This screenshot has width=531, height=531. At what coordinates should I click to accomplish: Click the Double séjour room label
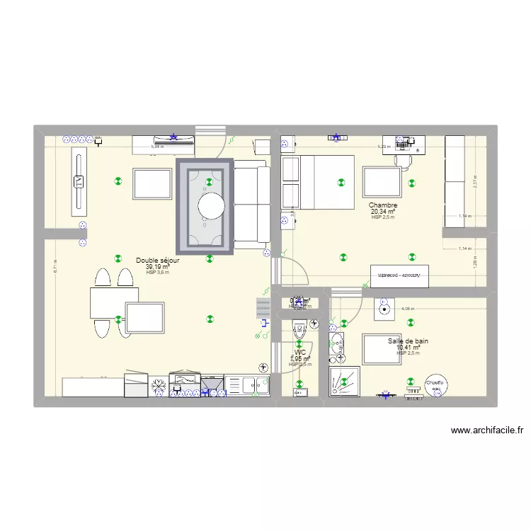[157, 261]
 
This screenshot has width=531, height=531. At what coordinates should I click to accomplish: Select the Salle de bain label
[408, 341]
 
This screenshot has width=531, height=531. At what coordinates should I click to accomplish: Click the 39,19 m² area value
[157, 267]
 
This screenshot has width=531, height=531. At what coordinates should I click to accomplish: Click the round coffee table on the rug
[212, 206]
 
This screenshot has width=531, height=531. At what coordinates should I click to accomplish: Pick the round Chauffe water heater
[435, 384]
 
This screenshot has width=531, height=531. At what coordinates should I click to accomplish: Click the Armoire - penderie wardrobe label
[399, 274]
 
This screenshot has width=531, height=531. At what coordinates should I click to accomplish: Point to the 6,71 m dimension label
[55, 267]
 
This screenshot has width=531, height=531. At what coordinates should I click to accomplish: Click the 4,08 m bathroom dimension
[408, 309]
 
